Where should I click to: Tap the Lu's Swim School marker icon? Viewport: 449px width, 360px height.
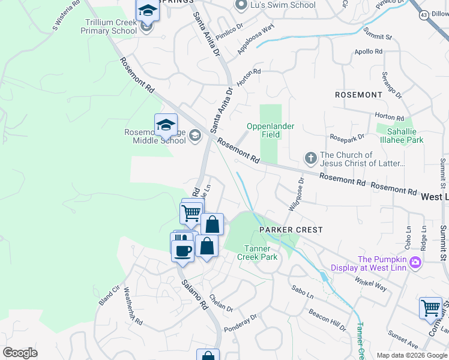pos(241,5)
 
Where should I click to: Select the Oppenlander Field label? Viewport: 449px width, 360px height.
pos(264,130)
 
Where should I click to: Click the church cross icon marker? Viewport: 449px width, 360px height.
pos(310,158)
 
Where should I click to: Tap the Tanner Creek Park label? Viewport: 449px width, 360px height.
pos(261,253)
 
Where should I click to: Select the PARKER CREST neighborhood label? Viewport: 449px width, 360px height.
pos(291,230)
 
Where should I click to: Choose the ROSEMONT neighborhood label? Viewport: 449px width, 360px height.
pos(358,95)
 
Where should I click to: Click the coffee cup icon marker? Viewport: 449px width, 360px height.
pos(183,250)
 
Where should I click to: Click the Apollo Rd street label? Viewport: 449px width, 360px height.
pos(369,52)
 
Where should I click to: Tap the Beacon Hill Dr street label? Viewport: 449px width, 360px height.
pos(327,320)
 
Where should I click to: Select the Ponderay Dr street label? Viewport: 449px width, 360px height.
pos(240,322)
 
